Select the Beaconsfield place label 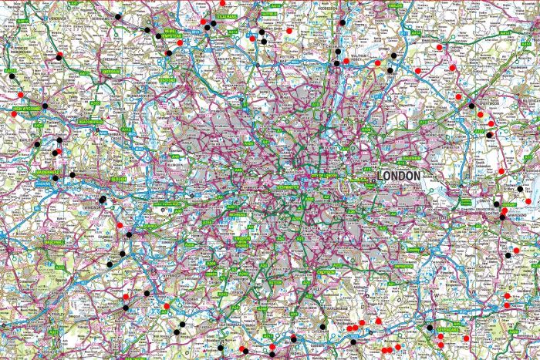(90, 122)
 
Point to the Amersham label (110, 71)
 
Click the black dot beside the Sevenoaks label (430, 328)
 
